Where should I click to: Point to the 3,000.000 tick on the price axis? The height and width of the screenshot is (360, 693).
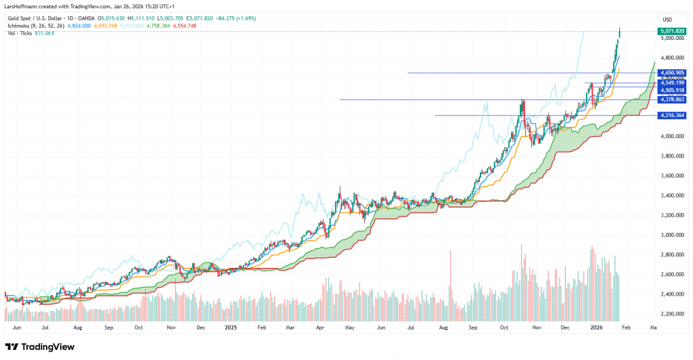pos(671,235)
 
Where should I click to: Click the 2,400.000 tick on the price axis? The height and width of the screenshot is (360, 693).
pos(671,294)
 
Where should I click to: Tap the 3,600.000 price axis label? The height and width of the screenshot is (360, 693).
pos(671,176)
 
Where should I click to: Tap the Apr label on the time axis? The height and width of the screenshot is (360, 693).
pos(320,327)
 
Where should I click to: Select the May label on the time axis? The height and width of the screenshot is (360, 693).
pos(350,327)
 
